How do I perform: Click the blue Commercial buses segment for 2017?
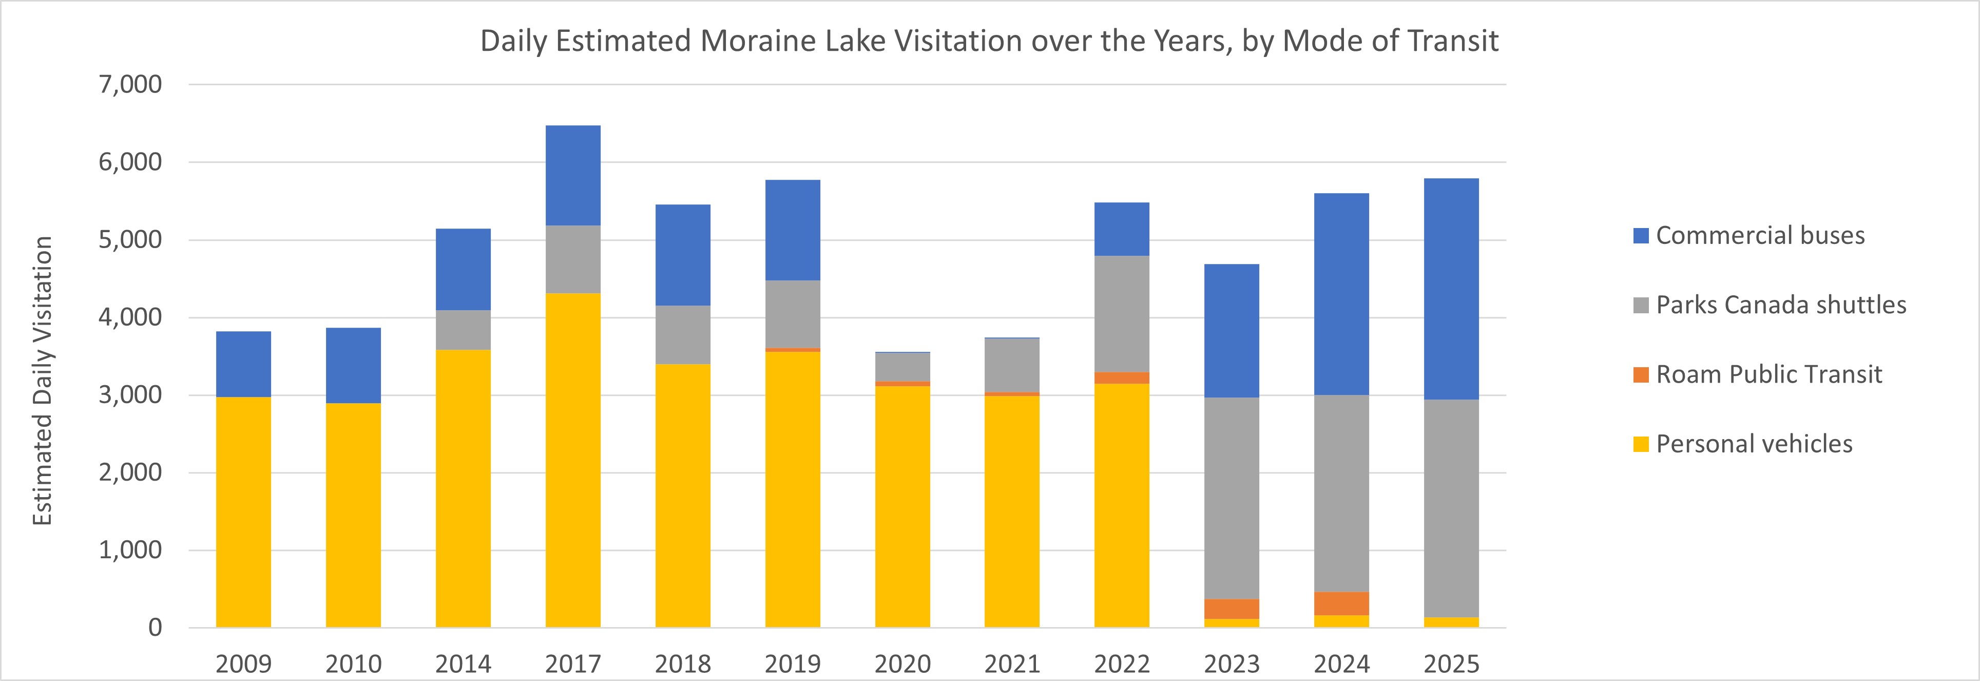[572, 175]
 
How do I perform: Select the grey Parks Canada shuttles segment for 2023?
[1232, 498]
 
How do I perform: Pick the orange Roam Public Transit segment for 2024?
[1341, 603]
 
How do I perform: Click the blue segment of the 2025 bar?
[1451, 289]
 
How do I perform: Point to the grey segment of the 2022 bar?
[1122, 314]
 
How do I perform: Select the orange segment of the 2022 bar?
[1122, 378]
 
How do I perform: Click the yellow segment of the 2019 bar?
[793, 489]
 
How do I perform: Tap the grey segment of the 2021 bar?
[1011, 365]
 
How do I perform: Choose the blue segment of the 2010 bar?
[353, 365]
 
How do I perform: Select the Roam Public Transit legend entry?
[1768, 374]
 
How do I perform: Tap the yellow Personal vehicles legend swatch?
[1640, 444]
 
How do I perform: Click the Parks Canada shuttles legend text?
[1781, 305]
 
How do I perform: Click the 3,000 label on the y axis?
[130, 394]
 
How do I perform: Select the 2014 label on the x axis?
[463, 664]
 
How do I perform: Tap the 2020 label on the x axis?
[902, 664]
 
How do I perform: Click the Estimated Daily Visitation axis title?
[42, 381]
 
